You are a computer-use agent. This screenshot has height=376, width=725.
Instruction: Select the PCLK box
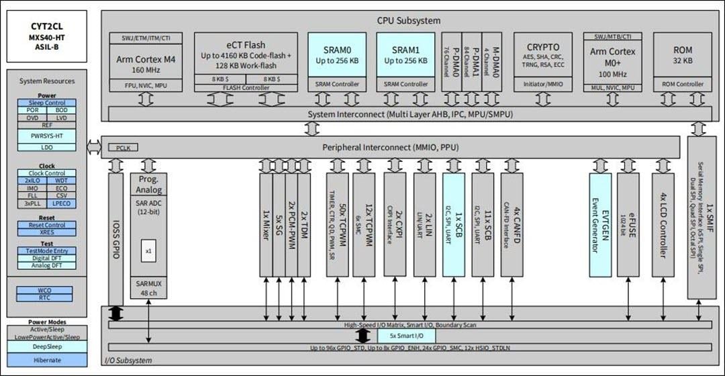pos(123,146)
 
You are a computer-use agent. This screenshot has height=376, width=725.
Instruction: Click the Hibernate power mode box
pos(47,360)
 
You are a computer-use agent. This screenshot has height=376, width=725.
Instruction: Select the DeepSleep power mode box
pos(47,347)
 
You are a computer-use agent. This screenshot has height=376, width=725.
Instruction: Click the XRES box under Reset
pos(47,232)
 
